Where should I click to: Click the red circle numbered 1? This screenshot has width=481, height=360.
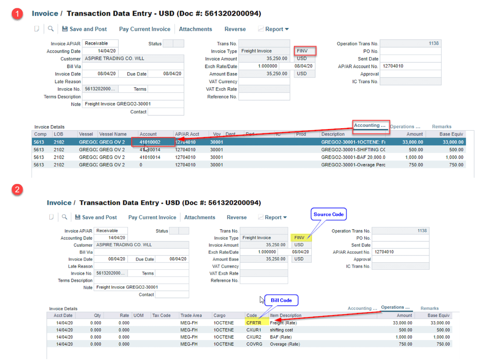tap(17, 14)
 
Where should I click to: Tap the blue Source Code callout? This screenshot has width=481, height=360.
tap(328, 214)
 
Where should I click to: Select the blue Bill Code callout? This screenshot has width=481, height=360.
tap(281, 300)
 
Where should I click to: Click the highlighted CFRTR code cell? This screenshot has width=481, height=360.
tap(253, 323)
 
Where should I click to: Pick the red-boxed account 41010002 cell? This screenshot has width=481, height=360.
tap(153, 142)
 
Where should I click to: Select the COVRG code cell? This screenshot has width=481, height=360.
tap(253, 344)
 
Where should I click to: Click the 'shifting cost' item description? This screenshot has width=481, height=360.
tap(281, 330)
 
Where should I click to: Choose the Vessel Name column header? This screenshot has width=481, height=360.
tap(113, 134)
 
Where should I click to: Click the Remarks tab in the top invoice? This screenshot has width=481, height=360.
tap(441, 126)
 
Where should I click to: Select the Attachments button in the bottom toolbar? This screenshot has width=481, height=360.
tap(199, 217)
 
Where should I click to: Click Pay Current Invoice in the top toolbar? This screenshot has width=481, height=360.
tap(144, 29)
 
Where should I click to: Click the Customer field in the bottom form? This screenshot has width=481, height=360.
tap(141, 245)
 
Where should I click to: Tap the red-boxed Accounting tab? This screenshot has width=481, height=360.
tap(370, 126)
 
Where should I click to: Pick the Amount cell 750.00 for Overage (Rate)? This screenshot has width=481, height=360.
tap(404, 344)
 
